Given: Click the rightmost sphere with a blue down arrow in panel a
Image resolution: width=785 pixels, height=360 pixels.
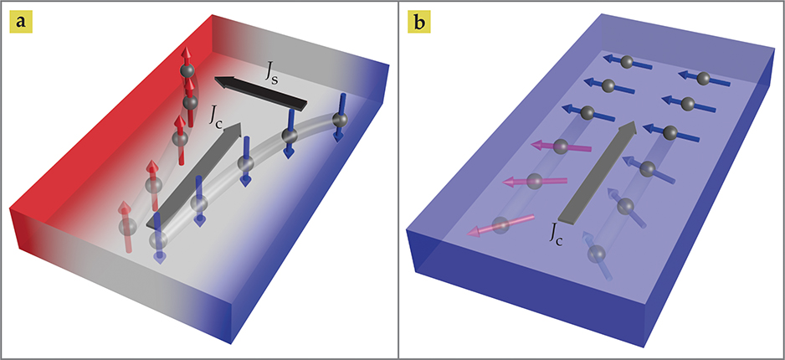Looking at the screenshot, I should tap(339, 121).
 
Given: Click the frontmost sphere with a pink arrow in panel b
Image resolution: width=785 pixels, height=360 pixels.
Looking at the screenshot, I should tap(500, 224).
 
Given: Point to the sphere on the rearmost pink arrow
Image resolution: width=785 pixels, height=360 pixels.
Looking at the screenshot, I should tap(562, 147).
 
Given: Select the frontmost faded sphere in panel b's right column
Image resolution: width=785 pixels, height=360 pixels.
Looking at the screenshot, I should tap(597, 254).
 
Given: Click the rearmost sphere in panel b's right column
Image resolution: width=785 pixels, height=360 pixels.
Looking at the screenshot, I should tap(704, 78).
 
